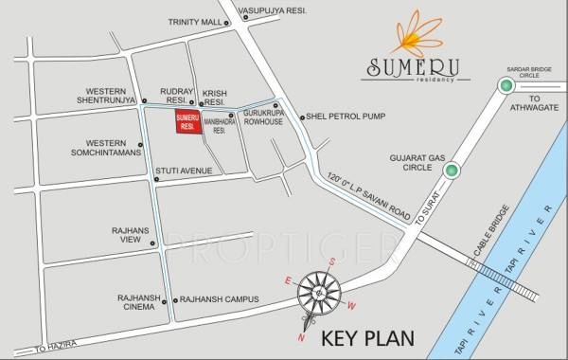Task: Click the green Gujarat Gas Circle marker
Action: tap(452, 171)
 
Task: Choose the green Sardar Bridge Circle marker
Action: tap(506, 86)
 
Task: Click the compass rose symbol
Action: tap(320, 296)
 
